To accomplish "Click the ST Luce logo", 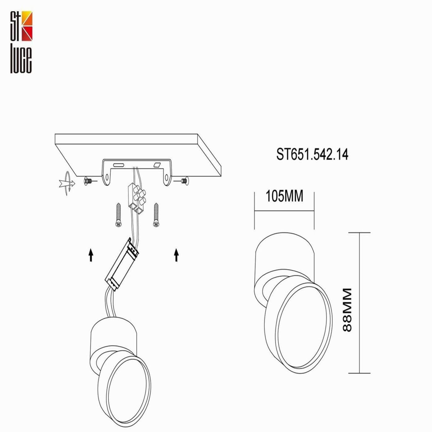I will (x=21, y=42).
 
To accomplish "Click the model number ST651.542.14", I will (x=312, y=154).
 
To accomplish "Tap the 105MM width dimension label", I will (x=284, y=196).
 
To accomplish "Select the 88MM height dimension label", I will (x=347, y=310).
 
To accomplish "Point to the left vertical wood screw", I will (x=118, y=215).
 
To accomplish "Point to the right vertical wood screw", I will (x=156, y=215).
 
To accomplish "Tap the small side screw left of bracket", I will (x=88, y=181).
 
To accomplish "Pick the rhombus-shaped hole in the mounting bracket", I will (x=157, y=165).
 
